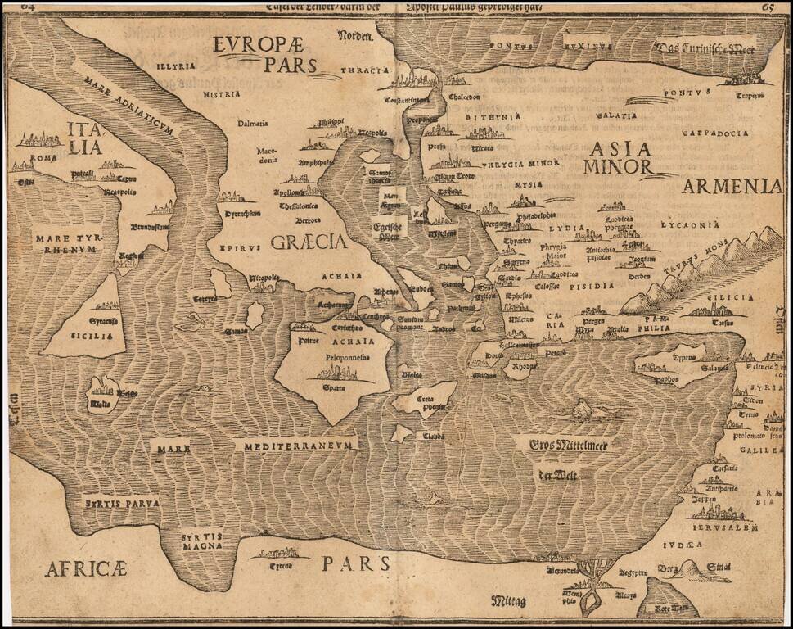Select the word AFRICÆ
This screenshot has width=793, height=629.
coord(86,568)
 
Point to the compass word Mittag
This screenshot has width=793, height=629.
coord(509,602)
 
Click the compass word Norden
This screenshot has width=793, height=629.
coord(355,35)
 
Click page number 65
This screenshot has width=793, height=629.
coord(768,8)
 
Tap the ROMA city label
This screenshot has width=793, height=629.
coord(44,157)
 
